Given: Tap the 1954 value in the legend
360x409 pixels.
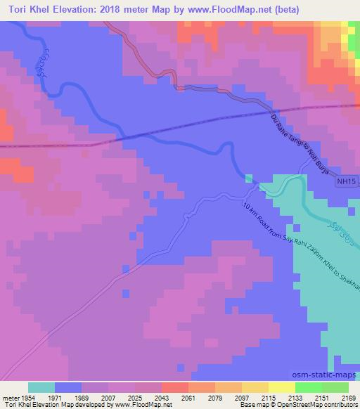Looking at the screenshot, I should [28, 397].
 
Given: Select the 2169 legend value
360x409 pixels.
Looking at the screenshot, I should [348, 397].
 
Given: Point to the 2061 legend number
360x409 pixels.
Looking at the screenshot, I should [188, 397].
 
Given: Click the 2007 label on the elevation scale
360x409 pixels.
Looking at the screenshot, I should [108, 397].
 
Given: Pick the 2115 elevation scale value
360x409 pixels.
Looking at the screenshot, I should [268, 397].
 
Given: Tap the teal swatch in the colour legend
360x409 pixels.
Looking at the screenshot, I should [41, 387].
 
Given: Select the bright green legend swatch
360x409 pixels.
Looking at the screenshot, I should [308, 387].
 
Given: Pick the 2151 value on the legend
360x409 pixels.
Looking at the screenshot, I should [321, 397].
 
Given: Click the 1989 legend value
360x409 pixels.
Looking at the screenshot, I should [81, 397].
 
